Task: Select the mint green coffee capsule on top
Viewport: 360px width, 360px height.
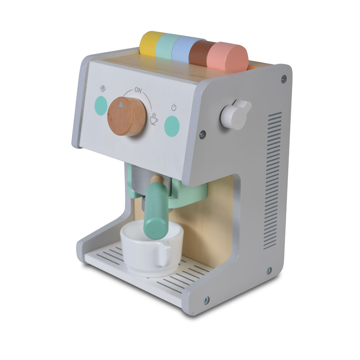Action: (165, 47)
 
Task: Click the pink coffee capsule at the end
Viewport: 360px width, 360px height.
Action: (228, 57)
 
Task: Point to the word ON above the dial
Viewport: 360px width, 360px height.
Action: (138, 90)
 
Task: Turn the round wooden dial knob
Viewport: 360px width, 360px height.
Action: (127, 117)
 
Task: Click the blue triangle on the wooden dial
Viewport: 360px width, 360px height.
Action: (121, 104)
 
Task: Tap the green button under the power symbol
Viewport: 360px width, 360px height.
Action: (172, 126)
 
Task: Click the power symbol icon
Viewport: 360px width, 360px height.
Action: (174, 108)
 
